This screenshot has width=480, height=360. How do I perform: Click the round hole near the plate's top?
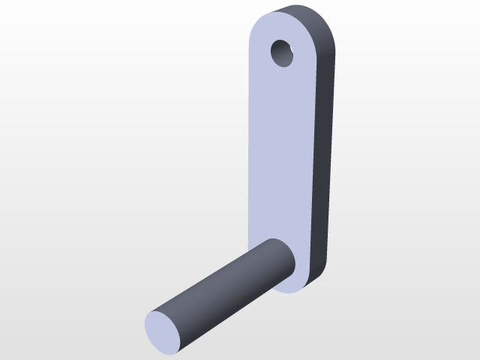[283, 53]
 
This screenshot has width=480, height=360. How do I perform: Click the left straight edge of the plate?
[249, 150]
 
